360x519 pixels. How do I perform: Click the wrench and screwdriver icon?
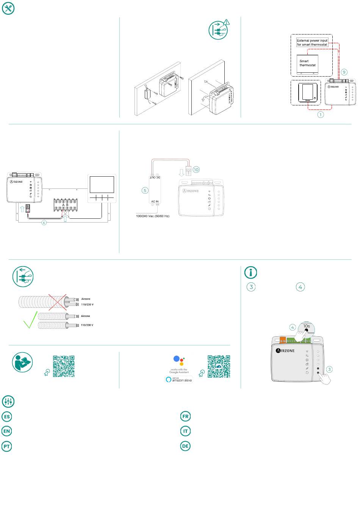8,8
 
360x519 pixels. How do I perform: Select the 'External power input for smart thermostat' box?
312,42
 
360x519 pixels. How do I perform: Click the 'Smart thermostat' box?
307,63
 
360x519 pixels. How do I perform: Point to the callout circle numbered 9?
344,72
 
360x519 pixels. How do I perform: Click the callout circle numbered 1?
321,114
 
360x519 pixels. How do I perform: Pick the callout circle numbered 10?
196,169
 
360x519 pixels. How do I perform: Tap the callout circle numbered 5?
145,190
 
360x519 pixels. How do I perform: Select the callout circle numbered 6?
44,223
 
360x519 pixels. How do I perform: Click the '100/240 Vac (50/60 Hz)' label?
153,216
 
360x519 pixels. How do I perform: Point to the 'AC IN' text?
155,202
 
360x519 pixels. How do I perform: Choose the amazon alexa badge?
179,379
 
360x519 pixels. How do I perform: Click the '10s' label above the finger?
307,326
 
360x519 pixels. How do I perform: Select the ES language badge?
7,416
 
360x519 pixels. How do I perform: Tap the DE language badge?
185,446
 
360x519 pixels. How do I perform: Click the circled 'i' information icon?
251,272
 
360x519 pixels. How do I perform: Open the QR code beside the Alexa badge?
219,367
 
